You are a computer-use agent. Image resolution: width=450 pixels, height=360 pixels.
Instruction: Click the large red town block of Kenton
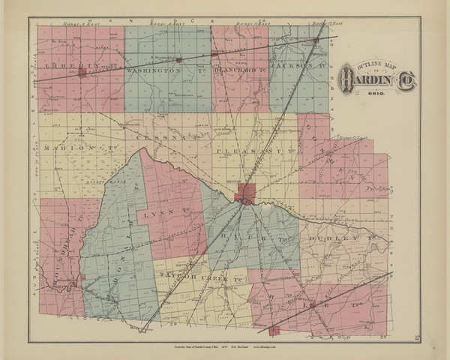(246, 196)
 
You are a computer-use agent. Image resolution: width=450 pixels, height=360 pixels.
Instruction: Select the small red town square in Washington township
(178, 58)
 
